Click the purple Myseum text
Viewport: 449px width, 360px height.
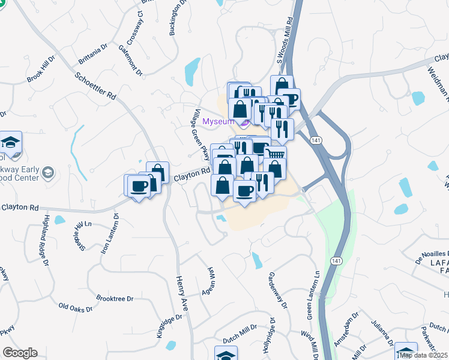click(x=217, y=122)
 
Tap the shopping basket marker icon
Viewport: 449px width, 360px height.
click(x=276, y=155)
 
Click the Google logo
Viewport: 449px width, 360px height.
click(x=20, y=353)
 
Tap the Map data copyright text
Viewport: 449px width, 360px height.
click(x=423, y=355)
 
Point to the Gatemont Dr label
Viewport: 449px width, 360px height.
click(x=130, y=61)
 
